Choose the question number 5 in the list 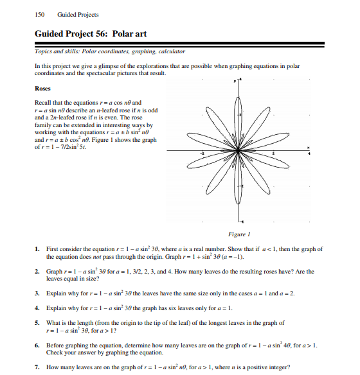pos(38,323)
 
